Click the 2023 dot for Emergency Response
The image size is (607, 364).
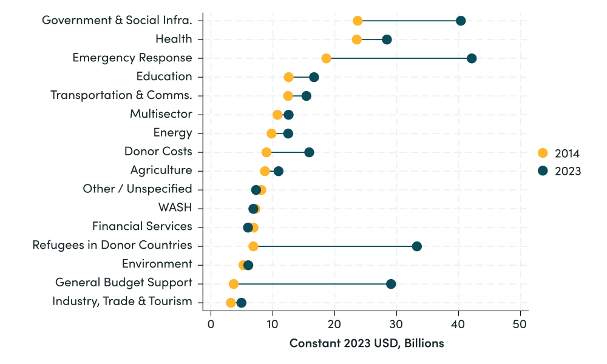click(472, 58)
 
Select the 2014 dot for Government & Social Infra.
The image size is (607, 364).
click(358, 21)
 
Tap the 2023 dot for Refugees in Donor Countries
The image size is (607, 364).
click(416, 246)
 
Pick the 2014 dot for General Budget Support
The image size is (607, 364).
click(234, 284)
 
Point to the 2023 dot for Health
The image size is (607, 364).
click(387, 39)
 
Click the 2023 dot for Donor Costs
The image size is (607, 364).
click(309, 152)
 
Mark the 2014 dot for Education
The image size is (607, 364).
click(288, 77)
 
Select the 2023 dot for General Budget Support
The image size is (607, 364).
click(391, 284)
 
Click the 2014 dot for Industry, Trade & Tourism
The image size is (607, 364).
click(231, 303)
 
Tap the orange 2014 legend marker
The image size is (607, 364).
click(543, 153)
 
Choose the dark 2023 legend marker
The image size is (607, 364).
click(543, 171)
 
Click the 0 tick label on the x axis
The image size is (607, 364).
click(211, 324)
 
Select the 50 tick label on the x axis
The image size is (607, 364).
click(520, 324)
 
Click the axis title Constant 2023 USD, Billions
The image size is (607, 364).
click(367, 343)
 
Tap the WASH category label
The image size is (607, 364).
click(175, 208)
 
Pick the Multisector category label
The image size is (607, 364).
click(161, 114)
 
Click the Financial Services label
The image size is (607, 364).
click(142, 227)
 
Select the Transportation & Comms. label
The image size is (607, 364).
click(121, 95)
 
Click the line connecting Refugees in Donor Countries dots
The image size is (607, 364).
click(334, 246)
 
